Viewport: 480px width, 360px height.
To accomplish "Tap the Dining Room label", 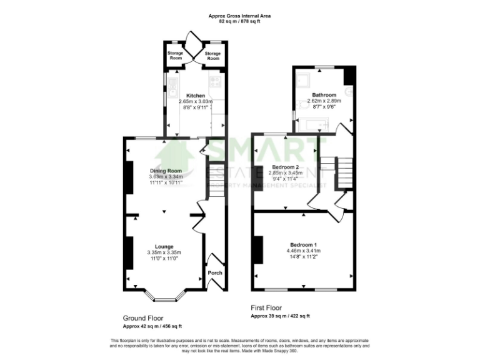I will point(166,171).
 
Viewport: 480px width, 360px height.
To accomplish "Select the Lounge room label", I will point(164,246).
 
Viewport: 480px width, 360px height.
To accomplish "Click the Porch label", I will point(214,272).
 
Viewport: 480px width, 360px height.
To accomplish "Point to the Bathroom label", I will point(324,94).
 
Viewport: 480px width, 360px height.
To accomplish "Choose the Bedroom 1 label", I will point(303,244).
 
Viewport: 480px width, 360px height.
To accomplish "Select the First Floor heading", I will point(266,307).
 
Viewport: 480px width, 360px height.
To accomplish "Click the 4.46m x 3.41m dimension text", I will point(303,251).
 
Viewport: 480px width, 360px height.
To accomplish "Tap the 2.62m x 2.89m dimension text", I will point(324,101).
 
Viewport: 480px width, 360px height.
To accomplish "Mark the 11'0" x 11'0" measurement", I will point(164,259).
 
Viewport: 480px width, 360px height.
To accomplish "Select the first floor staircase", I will point(344,172).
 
